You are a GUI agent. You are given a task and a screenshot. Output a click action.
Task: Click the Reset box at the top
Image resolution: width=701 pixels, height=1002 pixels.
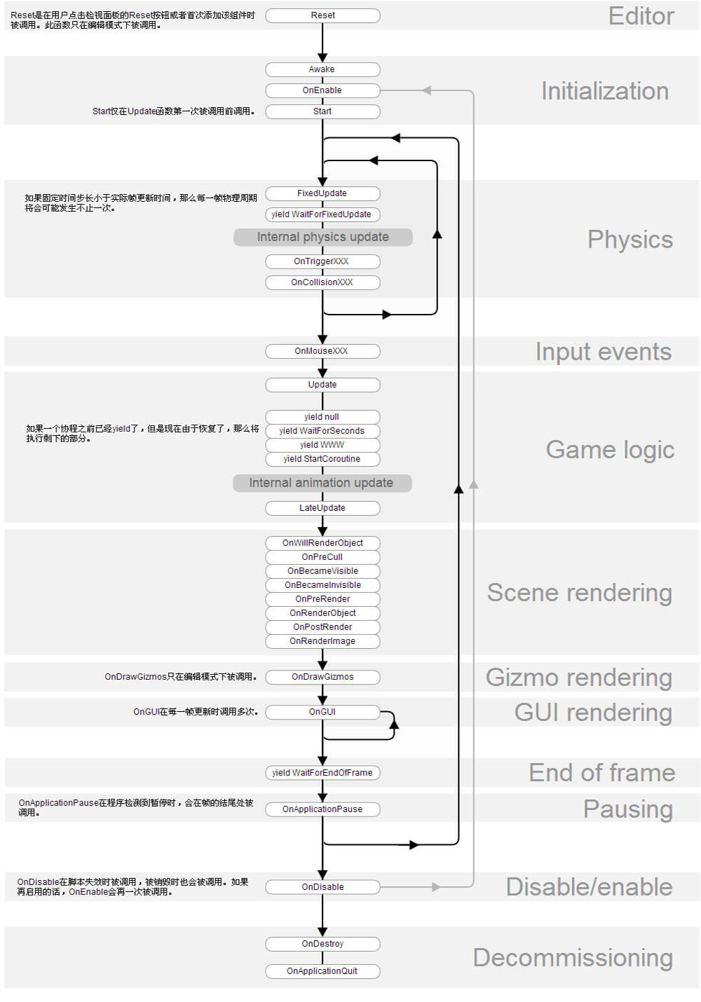[x=322, y=15]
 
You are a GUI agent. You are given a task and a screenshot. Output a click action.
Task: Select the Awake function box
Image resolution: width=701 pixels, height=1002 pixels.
[x=322, y=69]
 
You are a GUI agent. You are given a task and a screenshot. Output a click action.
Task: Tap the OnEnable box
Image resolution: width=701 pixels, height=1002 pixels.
[x=322, y=90]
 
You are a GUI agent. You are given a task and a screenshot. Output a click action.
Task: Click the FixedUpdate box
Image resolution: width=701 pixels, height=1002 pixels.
[x=322, y=193]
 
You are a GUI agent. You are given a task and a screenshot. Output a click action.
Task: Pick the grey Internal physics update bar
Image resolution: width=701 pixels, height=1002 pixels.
[x=322, y=237]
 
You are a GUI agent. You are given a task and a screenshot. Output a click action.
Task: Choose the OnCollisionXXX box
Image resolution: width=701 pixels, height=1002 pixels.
[x=322, y=282]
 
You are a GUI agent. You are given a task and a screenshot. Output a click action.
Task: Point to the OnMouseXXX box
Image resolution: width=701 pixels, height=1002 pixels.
[x=322, y=351]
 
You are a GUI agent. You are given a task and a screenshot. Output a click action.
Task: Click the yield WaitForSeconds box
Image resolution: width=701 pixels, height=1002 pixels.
[x=322, y=431]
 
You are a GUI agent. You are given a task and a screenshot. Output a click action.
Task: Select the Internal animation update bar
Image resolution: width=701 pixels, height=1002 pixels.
[x=322, y=483]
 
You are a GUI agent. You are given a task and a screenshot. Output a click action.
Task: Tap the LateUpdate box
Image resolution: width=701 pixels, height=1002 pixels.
[x=322, y=508]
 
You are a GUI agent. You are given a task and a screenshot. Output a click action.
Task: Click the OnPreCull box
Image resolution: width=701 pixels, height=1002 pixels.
[x=322, y=557]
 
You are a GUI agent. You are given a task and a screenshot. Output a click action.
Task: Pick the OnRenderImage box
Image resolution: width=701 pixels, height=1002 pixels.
[x=322, y=641]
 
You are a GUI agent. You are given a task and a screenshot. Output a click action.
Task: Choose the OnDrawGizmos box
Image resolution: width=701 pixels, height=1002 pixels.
[x=322, y=677]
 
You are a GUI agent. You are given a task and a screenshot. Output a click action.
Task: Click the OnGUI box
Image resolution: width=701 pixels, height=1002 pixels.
[x=322, y=712]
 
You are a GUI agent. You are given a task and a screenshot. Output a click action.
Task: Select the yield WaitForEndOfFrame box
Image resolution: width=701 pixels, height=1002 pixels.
[x=322, y=773]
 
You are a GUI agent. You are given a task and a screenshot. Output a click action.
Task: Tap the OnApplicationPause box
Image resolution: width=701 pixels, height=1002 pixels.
[x=322, y=809]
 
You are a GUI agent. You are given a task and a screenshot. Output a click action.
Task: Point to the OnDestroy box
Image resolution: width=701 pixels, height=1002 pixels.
[x=322, y=944]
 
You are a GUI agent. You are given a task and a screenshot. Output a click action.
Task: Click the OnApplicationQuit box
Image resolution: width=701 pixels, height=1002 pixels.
[x=322, y=971]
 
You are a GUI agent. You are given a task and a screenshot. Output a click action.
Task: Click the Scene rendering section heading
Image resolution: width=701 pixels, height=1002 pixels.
[x=579, y=593]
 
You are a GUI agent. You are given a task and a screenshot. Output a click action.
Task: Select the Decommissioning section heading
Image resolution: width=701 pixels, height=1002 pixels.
[x=573, y=958]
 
